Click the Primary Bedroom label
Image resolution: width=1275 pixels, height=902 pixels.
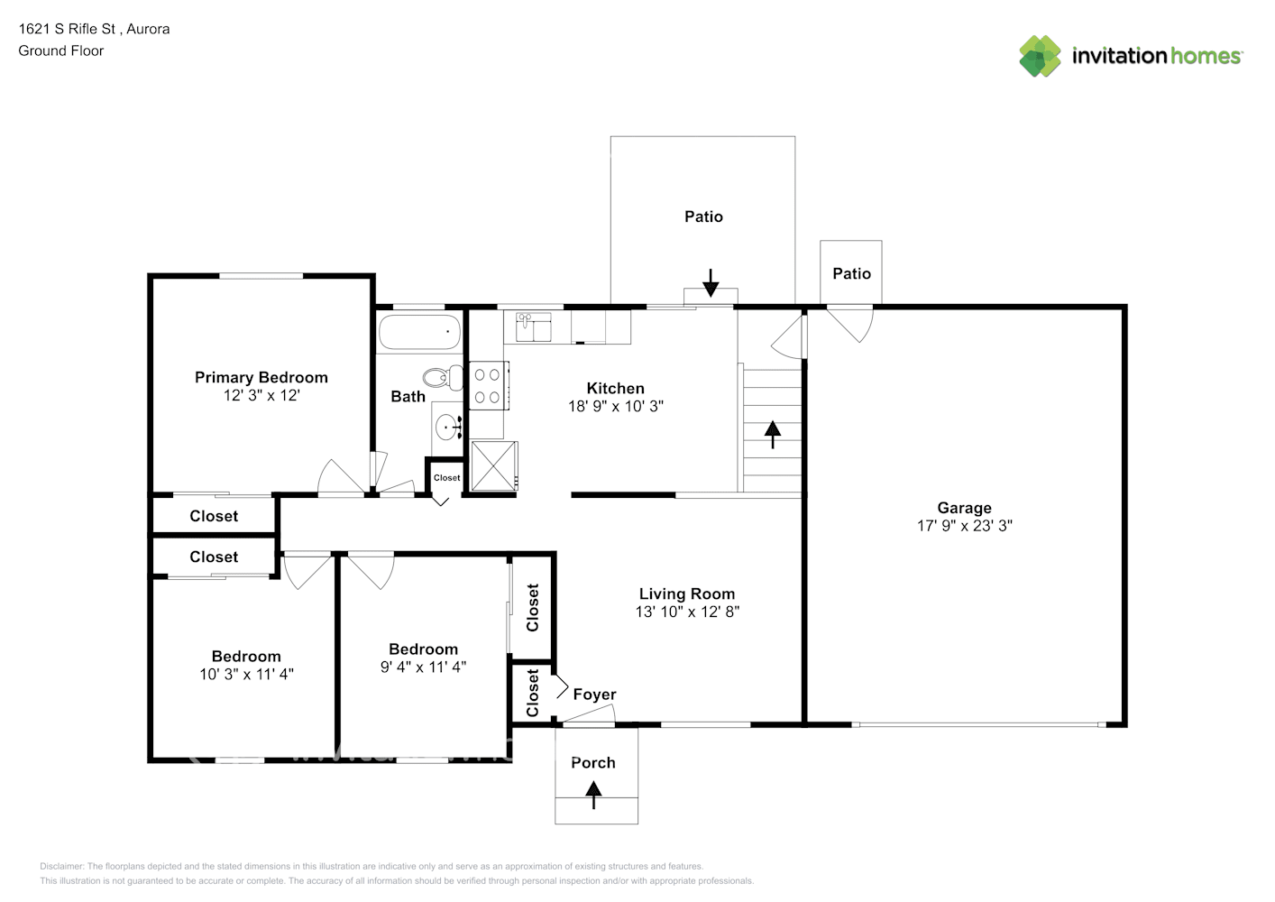(261, 378)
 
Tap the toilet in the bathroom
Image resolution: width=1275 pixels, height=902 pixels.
(443, 378)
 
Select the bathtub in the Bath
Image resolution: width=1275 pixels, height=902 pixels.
(419, 332)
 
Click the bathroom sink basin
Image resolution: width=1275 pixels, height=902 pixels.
(448, 427)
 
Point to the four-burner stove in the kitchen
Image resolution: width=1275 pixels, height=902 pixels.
(489, 385)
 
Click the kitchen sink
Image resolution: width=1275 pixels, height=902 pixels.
(533, 327)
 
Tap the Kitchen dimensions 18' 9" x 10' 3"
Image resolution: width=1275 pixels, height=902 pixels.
(616, 406)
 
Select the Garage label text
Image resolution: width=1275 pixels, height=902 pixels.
(964, 507)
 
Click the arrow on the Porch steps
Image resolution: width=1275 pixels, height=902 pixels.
(593, 795)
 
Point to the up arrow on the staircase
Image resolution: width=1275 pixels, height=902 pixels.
(773, 435)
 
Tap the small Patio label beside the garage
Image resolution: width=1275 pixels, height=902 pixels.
(851, 274)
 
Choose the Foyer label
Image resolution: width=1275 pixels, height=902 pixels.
(594, 695)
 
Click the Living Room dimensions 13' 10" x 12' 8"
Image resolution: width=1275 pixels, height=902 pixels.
(688, 612)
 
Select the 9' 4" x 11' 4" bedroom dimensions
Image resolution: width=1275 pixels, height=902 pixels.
(424, 667)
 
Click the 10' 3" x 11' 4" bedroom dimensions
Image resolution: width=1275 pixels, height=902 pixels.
(246, 674)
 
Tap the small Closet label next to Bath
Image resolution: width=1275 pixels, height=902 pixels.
(447, 478)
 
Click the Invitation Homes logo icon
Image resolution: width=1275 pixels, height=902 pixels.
(1040, 56)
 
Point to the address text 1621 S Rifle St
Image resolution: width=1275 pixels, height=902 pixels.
(67, 29)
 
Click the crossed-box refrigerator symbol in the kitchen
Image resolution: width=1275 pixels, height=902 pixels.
(494, 465)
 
